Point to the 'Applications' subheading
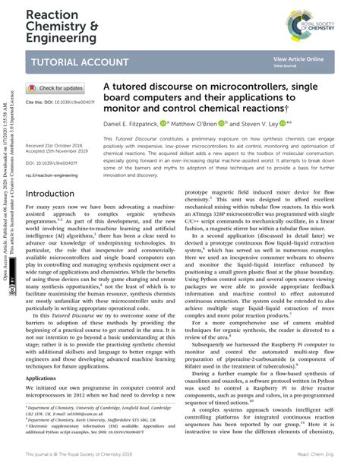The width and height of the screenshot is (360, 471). pos(40,377)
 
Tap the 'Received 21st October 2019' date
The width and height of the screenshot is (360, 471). pos(52,144)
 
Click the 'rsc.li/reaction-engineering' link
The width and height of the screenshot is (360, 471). pos(50,174)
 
